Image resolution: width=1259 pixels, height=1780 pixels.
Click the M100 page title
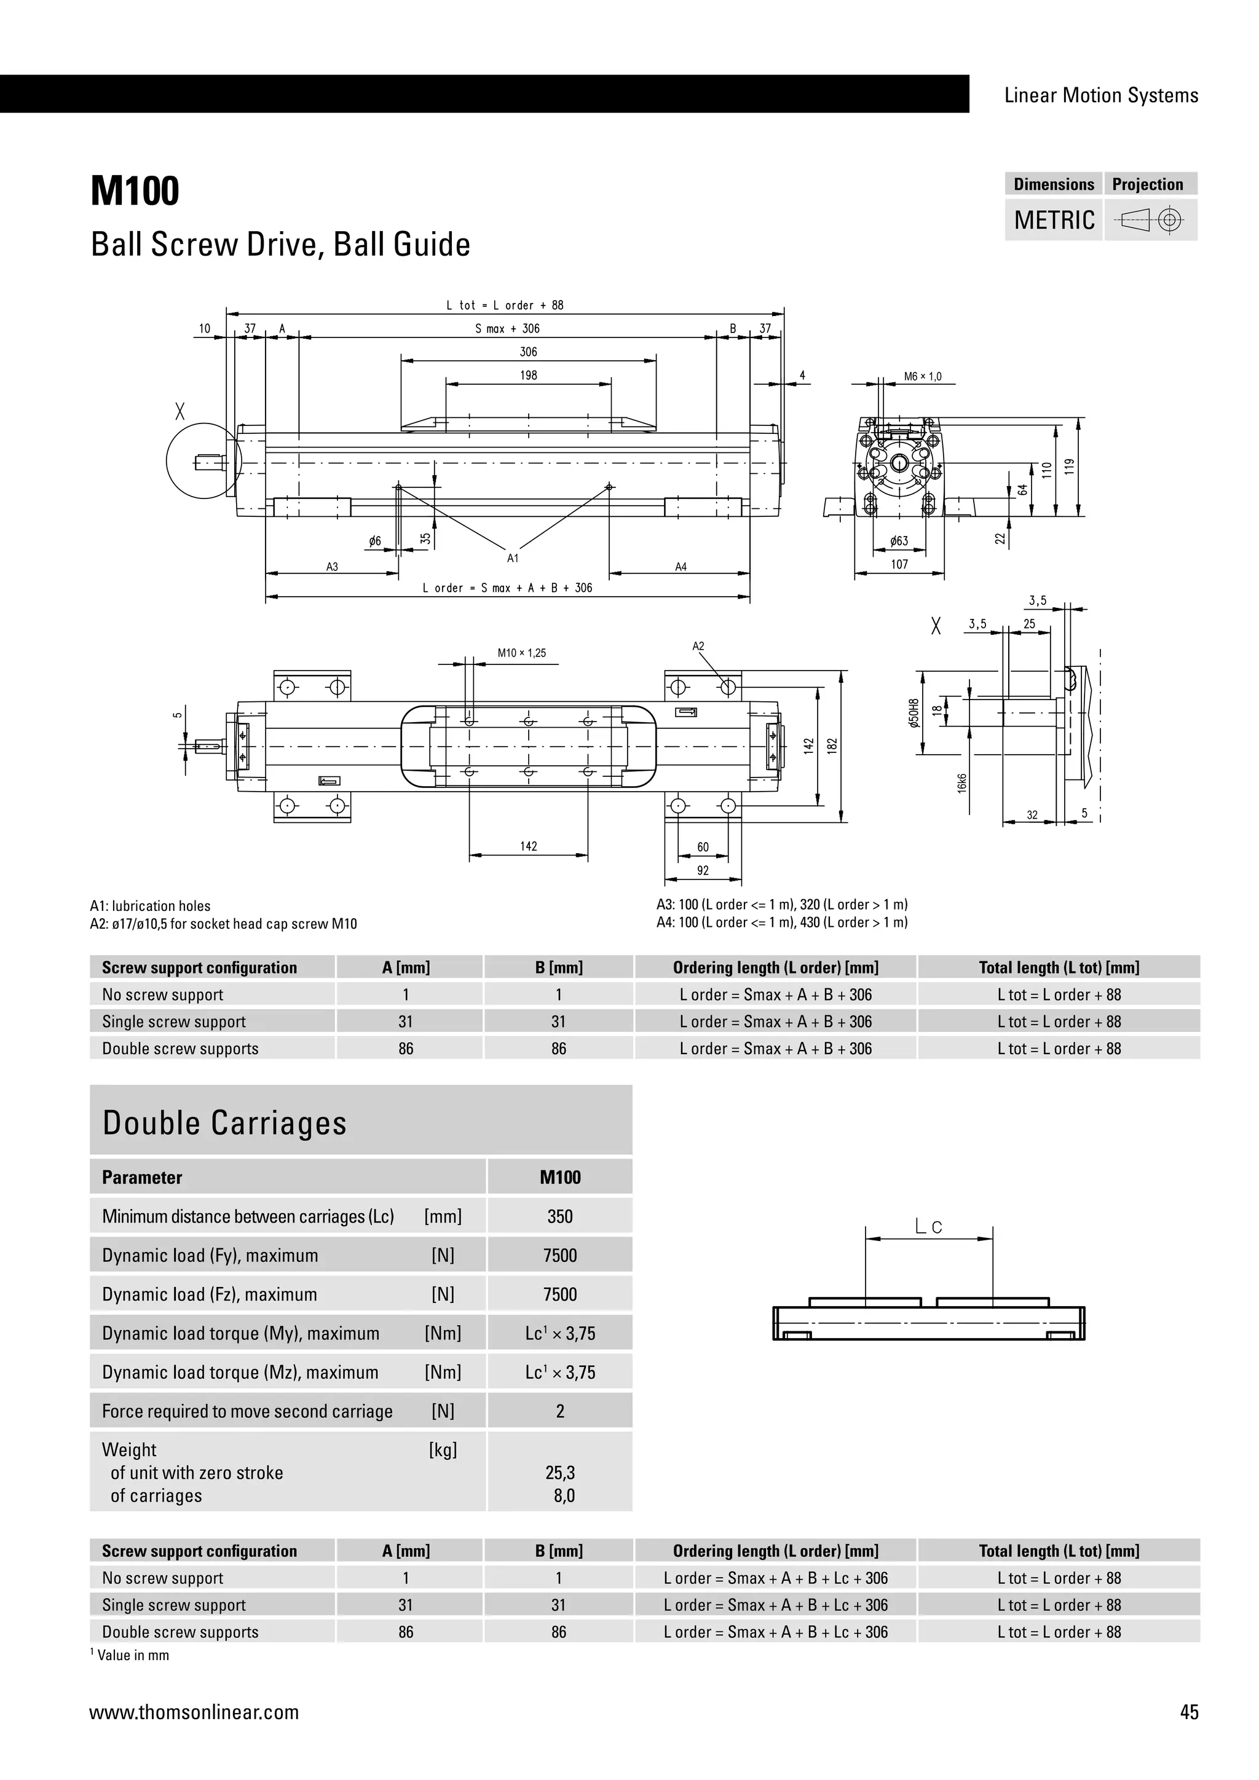pyautogui.click(x=135, y=192)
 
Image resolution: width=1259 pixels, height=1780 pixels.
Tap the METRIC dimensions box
pyautogui.click(x=1054, y=220)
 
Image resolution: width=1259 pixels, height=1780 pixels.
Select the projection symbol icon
pyautogui.click(x=1150, y=221)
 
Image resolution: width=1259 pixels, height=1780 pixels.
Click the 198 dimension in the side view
pyautogui.click(x=529, y=375)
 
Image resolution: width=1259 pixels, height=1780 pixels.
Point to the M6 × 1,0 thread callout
pyautogui.click(x=923, y=377)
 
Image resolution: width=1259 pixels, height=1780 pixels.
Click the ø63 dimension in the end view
pyautogui.click(x=899, y=541)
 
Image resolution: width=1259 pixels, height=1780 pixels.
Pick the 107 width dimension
pyautogui.click(x=899, y=564)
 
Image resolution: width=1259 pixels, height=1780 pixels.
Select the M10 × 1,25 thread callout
pyautogui.click(x=522, y=653)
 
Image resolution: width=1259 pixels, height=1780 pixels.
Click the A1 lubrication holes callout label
pyautogui.click(x=513, y=558)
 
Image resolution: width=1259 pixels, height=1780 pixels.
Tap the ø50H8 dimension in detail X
pyautogui.click(x=914, y=712)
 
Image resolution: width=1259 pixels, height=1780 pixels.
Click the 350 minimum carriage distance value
pyautogui.click(x=560, y=1216)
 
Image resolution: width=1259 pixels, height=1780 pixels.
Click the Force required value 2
pyautogui.click(x=560, y=1411)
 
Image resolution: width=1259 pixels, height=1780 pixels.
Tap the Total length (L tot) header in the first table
pyautogui.click(x=1059, y=967)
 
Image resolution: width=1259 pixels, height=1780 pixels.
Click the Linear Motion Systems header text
pyautogui.click(x=1101, y=95)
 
